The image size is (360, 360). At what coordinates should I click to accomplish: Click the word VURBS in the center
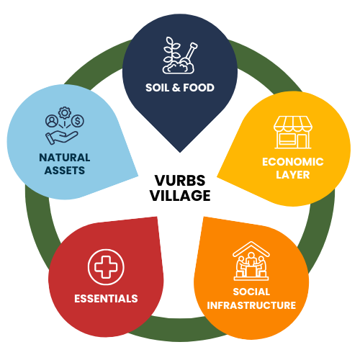click(x=179, y=182)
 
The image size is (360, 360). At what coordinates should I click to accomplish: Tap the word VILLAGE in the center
click(x=179, y=195)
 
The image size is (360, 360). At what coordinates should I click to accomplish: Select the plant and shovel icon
click(x=179, y=56)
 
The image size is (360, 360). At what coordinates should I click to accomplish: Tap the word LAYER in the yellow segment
click(x=292, y=174)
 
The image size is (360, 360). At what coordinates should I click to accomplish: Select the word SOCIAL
click(x=251, y=292)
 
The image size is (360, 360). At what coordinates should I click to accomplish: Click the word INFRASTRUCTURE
click(x=251, y=305)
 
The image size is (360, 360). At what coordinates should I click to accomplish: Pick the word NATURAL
click(x=66, y=158)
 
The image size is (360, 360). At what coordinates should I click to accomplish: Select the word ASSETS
click(x=66, y=171)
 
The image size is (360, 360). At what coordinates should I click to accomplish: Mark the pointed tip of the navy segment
click(x=180, y=149)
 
